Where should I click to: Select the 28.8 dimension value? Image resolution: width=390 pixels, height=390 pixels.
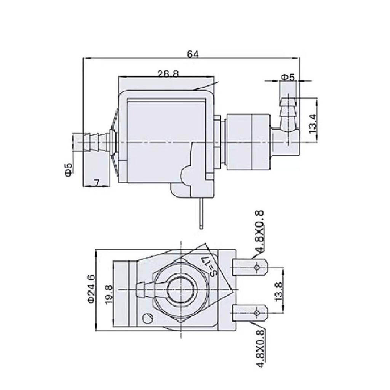coord(168,74)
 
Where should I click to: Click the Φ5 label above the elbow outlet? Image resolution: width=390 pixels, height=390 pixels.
coord(288,77)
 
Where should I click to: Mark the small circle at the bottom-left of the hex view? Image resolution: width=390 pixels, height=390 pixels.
coord(147,317)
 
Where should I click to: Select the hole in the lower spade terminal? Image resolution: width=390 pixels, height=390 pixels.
coord(257,313)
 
